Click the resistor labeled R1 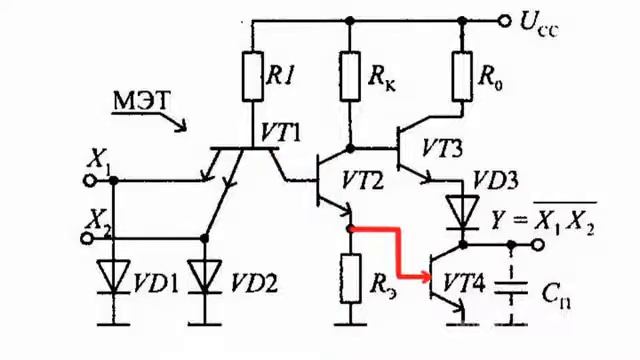click(253, 76)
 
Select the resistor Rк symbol click(350, 76)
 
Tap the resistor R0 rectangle click(462, 76)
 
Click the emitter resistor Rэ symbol click(351, 278)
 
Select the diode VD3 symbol click(462, 212)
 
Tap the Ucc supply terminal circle click(505, 20)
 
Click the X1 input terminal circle click(90, 180)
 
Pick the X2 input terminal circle click(87, 238)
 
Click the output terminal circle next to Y click(538, 244)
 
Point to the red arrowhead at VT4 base click(426, 277)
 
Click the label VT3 click(442, 149)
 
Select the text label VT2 click(362, 180)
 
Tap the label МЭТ click(141, 101)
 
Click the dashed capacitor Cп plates click(511, 287)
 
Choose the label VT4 click(464, 283)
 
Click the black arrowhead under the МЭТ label click(182, 126)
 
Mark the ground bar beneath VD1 click(114, 325)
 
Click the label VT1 click(280, 132)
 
